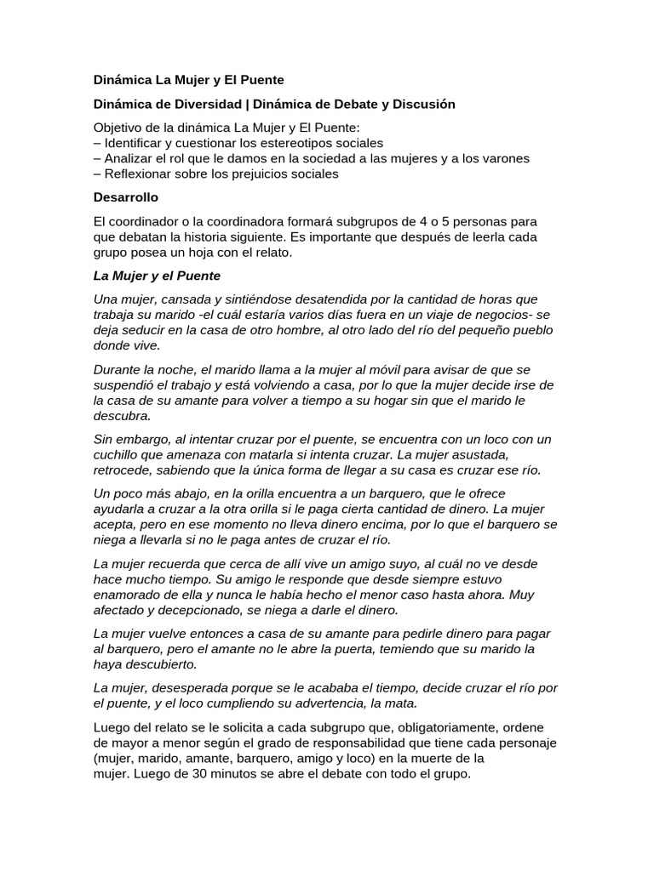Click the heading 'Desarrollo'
(125, 197)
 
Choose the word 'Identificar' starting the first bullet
(134, 143)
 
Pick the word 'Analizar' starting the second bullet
(128, 158)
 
